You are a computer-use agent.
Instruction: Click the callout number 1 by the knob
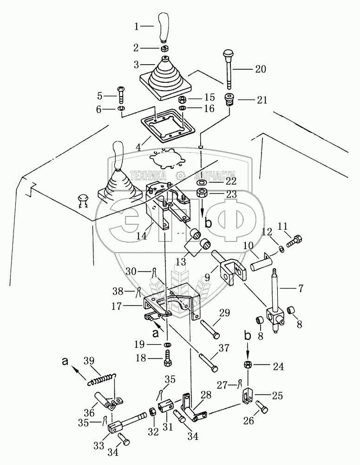pos(137,27)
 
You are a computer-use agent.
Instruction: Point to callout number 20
pos(261,69)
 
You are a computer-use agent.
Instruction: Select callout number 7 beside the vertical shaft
pos(301,289)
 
